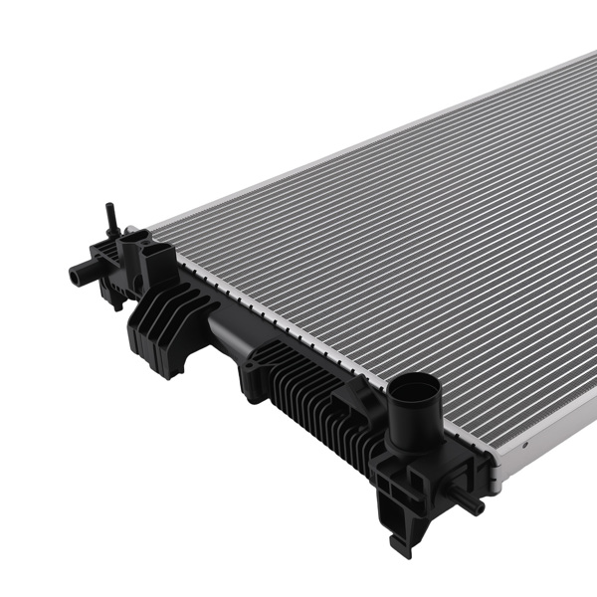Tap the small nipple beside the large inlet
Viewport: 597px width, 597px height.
click(x=469, y=497)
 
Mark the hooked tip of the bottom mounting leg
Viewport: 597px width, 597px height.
click(x=398, y=546)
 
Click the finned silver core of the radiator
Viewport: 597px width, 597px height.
click(x=398, y=249)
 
